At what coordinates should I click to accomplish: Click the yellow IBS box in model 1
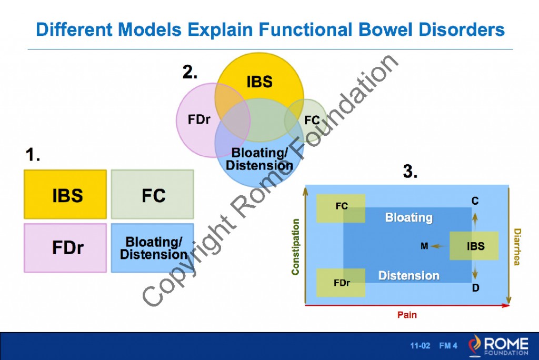coord(65,194)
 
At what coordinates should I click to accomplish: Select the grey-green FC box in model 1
coord(153,194)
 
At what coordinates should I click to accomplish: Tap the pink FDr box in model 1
coord(65,248)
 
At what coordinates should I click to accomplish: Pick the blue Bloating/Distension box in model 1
coord(153,248)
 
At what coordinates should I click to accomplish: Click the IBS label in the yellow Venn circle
coord(259,82)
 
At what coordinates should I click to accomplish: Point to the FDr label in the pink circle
coord(199,120)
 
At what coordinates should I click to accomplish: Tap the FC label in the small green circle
coord(312,121)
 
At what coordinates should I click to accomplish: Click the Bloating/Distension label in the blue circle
coord(259,158)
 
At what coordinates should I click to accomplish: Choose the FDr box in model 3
coord(341,283)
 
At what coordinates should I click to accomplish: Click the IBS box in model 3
coord(474,246)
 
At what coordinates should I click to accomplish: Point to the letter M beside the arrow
coord(424,246)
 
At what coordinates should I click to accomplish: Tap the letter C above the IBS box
coord(475,201)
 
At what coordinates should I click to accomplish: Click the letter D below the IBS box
coord(475,288)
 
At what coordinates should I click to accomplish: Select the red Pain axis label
coord(407,315)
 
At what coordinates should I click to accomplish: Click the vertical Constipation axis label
coord(295,246)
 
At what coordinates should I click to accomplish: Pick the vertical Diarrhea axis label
coord(517,246)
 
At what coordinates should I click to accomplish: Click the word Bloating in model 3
coord(408,217)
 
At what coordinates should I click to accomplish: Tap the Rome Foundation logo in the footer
coord(497,345)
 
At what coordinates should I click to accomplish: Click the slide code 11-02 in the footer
coord(420,346)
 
